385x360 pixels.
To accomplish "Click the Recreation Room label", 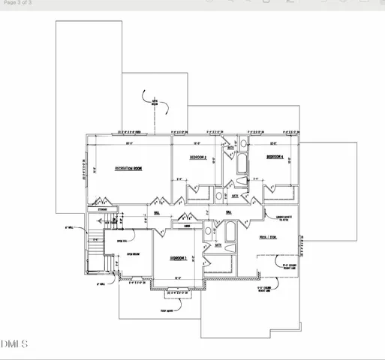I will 128,169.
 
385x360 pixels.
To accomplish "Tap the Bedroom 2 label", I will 198,157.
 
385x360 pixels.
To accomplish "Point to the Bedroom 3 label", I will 178,257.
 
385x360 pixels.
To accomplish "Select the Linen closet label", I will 188,225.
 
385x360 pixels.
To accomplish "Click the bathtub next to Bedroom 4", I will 242,164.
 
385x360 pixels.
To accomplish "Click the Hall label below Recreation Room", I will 156,213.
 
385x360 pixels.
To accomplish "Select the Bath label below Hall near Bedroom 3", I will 218,245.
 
